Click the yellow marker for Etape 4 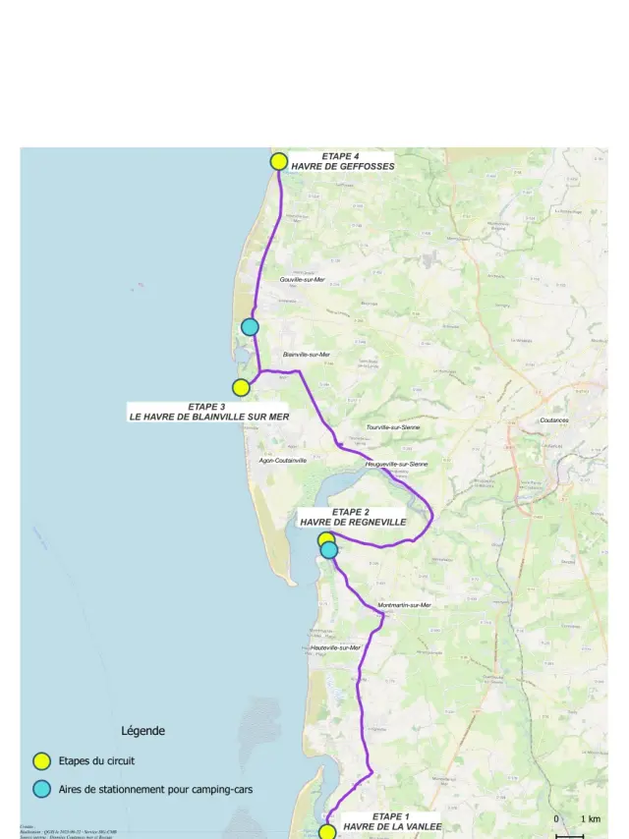[279, 161]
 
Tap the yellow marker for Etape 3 [241, 387]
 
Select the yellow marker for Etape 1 [328, 833]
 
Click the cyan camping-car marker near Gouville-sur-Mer [251, 327]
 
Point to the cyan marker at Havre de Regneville [329, 550]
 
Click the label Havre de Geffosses [343, 167]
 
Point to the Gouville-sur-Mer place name [302, 280]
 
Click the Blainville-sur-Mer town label [307, 354]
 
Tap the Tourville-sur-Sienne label [393, 428]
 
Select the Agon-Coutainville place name [283, 460]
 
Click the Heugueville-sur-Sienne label [396, 464]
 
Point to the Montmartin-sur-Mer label [404, 605]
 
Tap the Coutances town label [555, 420]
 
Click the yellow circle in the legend [41, 760]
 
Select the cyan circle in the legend [41, 788]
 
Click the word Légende [143, 731]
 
